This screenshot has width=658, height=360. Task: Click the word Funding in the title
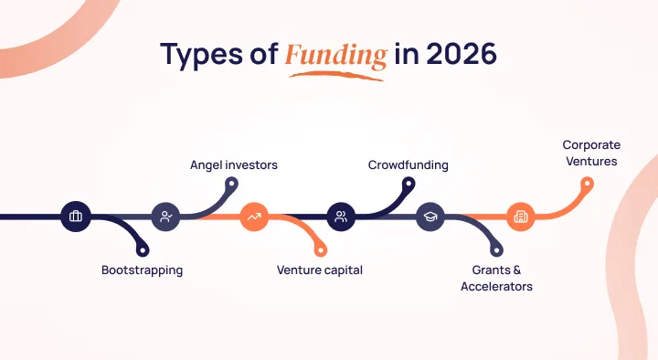(x=335, y=55)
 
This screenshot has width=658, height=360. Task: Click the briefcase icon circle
(x=75, y=217)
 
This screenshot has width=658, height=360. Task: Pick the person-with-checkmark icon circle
(x=165, y=217)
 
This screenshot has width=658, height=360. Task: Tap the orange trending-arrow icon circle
(x=253, y=217)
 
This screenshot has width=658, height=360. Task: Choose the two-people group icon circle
(x=341, y=217)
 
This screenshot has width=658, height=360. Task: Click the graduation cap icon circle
(x=430, y=217)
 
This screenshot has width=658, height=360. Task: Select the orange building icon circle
(x=520, y=217)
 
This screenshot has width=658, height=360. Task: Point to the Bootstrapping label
(x=142, y=270)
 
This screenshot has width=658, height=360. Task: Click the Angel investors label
(x=233, y=165)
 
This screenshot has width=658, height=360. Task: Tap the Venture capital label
(x=320, y=270)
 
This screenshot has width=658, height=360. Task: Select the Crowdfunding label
(x=409, y=165)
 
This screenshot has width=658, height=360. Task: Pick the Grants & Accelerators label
(x=502, y=278)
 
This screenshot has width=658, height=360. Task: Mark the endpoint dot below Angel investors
(x=232, y=184)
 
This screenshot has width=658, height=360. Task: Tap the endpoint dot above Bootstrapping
(x=143, y=249)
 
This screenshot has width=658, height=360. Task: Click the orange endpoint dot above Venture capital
(x=320, y=249)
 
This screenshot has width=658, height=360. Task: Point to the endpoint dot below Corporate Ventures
(x=588, y=184)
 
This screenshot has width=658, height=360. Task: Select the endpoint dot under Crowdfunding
(x=409, y=184)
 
